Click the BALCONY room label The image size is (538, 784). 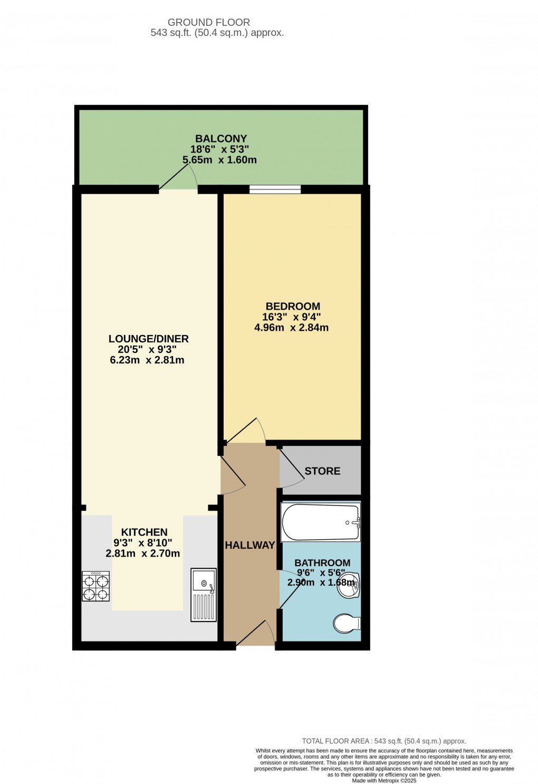(x=221, y=139)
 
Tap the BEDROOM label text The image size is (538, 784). (x=293, y=306)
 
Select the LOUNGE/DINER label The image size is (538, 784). (x=148, y=339)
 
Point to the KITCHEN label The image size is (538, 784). (x=144, y=532)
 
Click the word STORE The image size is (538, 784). (x=322, y=471)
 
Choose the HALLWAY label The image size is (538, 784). (x=250, y=545)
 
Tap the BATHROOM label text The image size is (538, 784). (x=322, y=563)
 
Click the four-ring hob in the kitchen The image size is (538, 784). (x=95, y=586)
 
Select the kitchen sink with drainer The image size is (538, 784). (x=203, y=595)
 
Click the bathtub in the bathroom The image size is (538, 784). (x=321, y=522)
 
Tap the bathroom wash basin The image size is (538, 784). (x=349, y=585)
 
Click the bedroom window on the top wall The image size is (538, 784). (x=275, y=189)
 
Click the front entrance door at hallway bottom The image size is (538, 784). (x=256, y=633)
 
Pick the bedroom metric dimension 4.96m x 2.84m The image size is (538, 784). (x=291, y=328)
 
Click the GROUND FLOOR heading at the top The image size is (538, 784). (x=209, y=22)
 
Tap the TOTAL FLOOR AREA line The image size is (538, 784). (x=384, y=741)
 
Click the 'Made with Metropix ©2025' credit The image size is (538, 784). (x=384, y=781)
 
